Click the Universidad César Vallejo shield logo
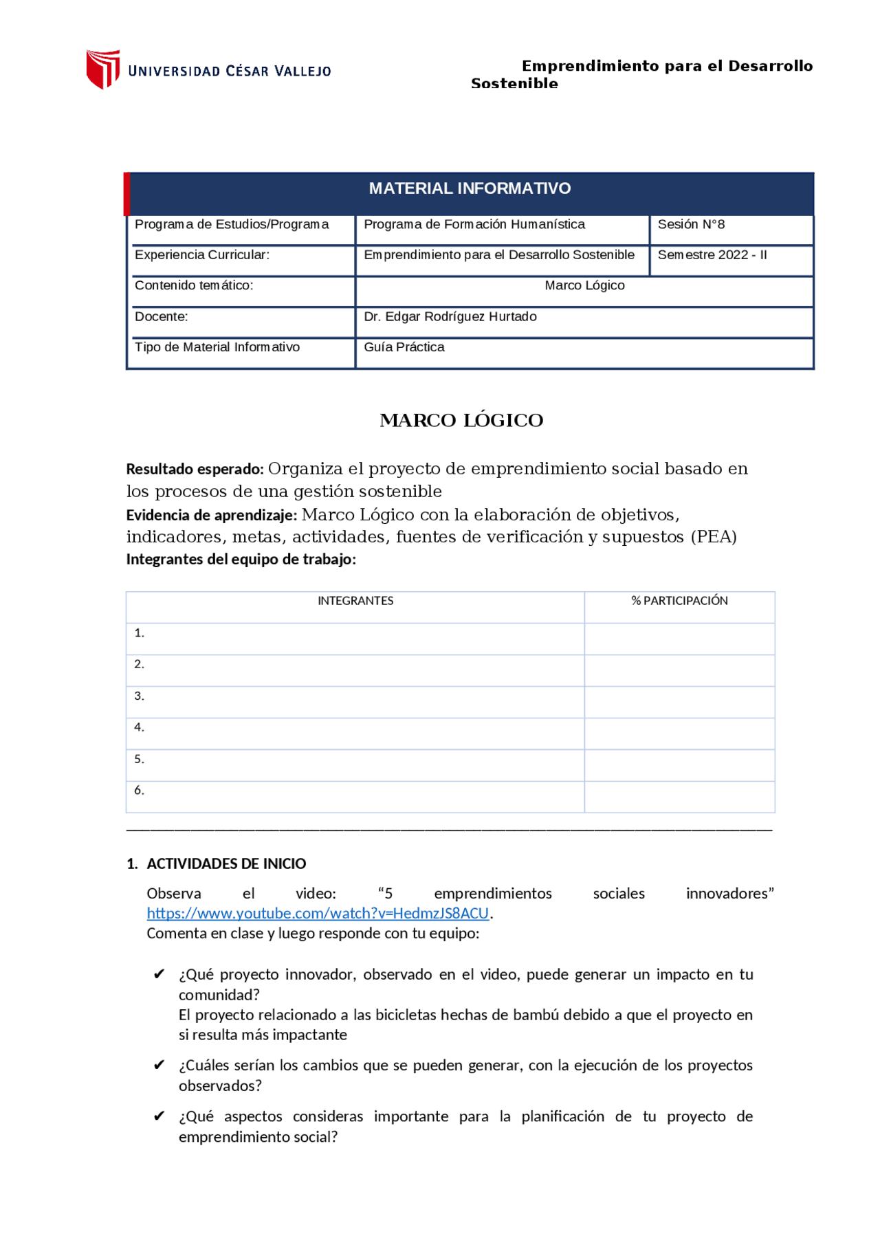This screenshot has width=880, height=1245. (103, 69)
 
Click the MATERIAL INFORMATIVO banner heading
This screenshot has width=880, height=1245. (470, 188)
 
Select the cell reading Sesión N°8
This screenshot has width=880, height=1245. (691, 225)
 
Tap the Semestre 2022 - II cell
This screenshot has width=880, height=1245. (712, 255)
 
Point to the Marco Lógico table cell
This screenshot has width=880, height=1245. (584, 285)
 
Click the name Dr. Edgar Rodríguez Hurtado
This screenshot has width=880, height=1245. (450, 317)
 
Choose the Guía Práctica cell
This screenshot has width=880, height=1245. (404, 347)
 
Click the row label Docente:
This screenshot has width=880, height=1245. (162, 317)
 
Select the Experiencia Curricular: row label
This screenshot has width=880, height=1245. (202, 255)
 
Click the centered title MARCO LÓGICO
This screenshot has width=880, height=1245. (461, 421)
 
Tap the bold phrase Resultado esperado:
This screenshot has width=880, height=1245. (195, 470)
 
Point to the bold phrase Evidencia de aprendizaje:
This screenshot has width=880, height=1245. (212, 516)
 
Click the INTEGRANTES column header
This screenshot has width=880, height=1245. (355, 601)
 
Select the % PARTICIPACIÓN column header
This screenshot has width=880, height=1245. (679, 601)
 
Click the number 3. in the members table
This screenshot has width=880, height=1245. (140, 696)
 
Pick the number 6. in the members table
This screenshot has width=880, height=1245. (140, 791)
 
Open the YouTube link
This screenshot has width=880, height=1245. (318, 914)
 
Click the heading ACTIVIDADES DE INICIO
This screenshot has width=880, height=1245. (226, 864)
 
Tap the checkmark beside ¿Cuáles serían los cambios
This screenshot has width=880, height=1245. (159, 1065)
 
